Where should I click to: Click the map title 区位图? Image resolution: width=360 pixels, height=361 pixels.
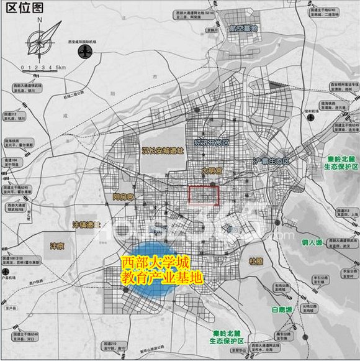click(x=24, y=7)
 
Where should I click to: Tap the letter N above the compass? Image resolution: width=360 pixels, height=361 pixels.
click(x=39, y=19)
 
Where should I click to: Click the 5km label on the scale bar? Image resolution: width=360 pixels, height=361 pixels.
click(x=60, y=66)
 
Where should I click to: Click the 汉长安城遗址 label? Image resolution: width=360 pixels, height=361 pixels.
click(x=163, y=151)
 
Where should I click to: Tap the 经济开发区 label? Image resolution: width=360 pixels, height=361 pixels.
click(x=212, y=143)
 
